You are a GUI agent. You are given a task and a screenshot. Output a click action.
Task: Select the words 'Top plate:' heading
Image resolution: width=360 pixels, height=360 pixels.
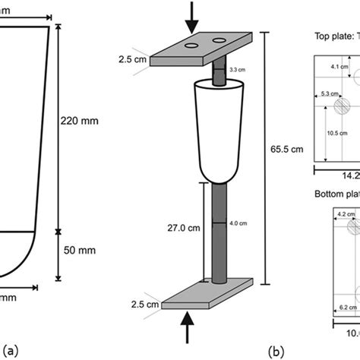pos(332,35)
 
